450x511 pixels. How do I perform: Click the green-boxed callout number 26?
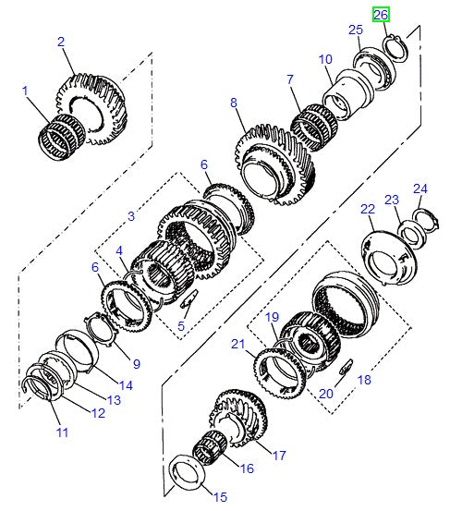381,15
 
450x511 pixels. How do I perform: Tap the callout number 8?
234,103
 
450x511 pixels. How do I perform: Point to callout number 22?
367,211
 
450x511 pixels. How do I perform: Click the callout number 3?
132,215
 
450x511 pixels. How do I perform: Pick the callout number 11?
61,432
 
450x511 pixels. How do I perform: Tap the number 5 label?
181,325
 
